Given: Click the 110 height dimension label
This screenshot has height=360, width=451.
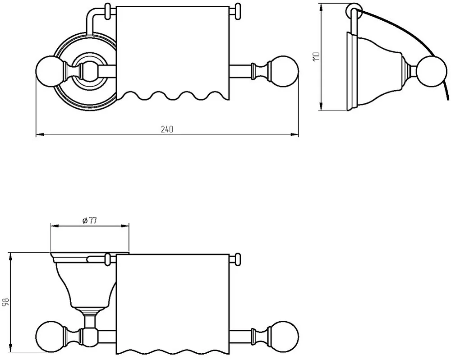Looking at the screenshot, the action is coord(316,56).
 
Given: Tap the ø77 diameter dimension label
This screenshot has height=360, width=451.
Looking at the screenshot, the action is coord(89,221).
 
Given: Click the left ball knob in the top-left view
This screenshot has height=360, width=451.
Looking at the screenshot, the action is coord(50,71).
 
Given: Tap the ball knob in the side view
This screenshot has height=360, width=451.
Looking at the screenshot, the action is coord(434,71).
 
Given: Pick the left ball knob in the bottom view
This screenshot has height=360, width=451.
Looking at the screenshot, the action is coord(51,336).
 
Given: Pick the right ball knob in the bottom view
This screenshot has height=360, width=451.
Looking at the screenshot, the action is coord(285,336).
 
